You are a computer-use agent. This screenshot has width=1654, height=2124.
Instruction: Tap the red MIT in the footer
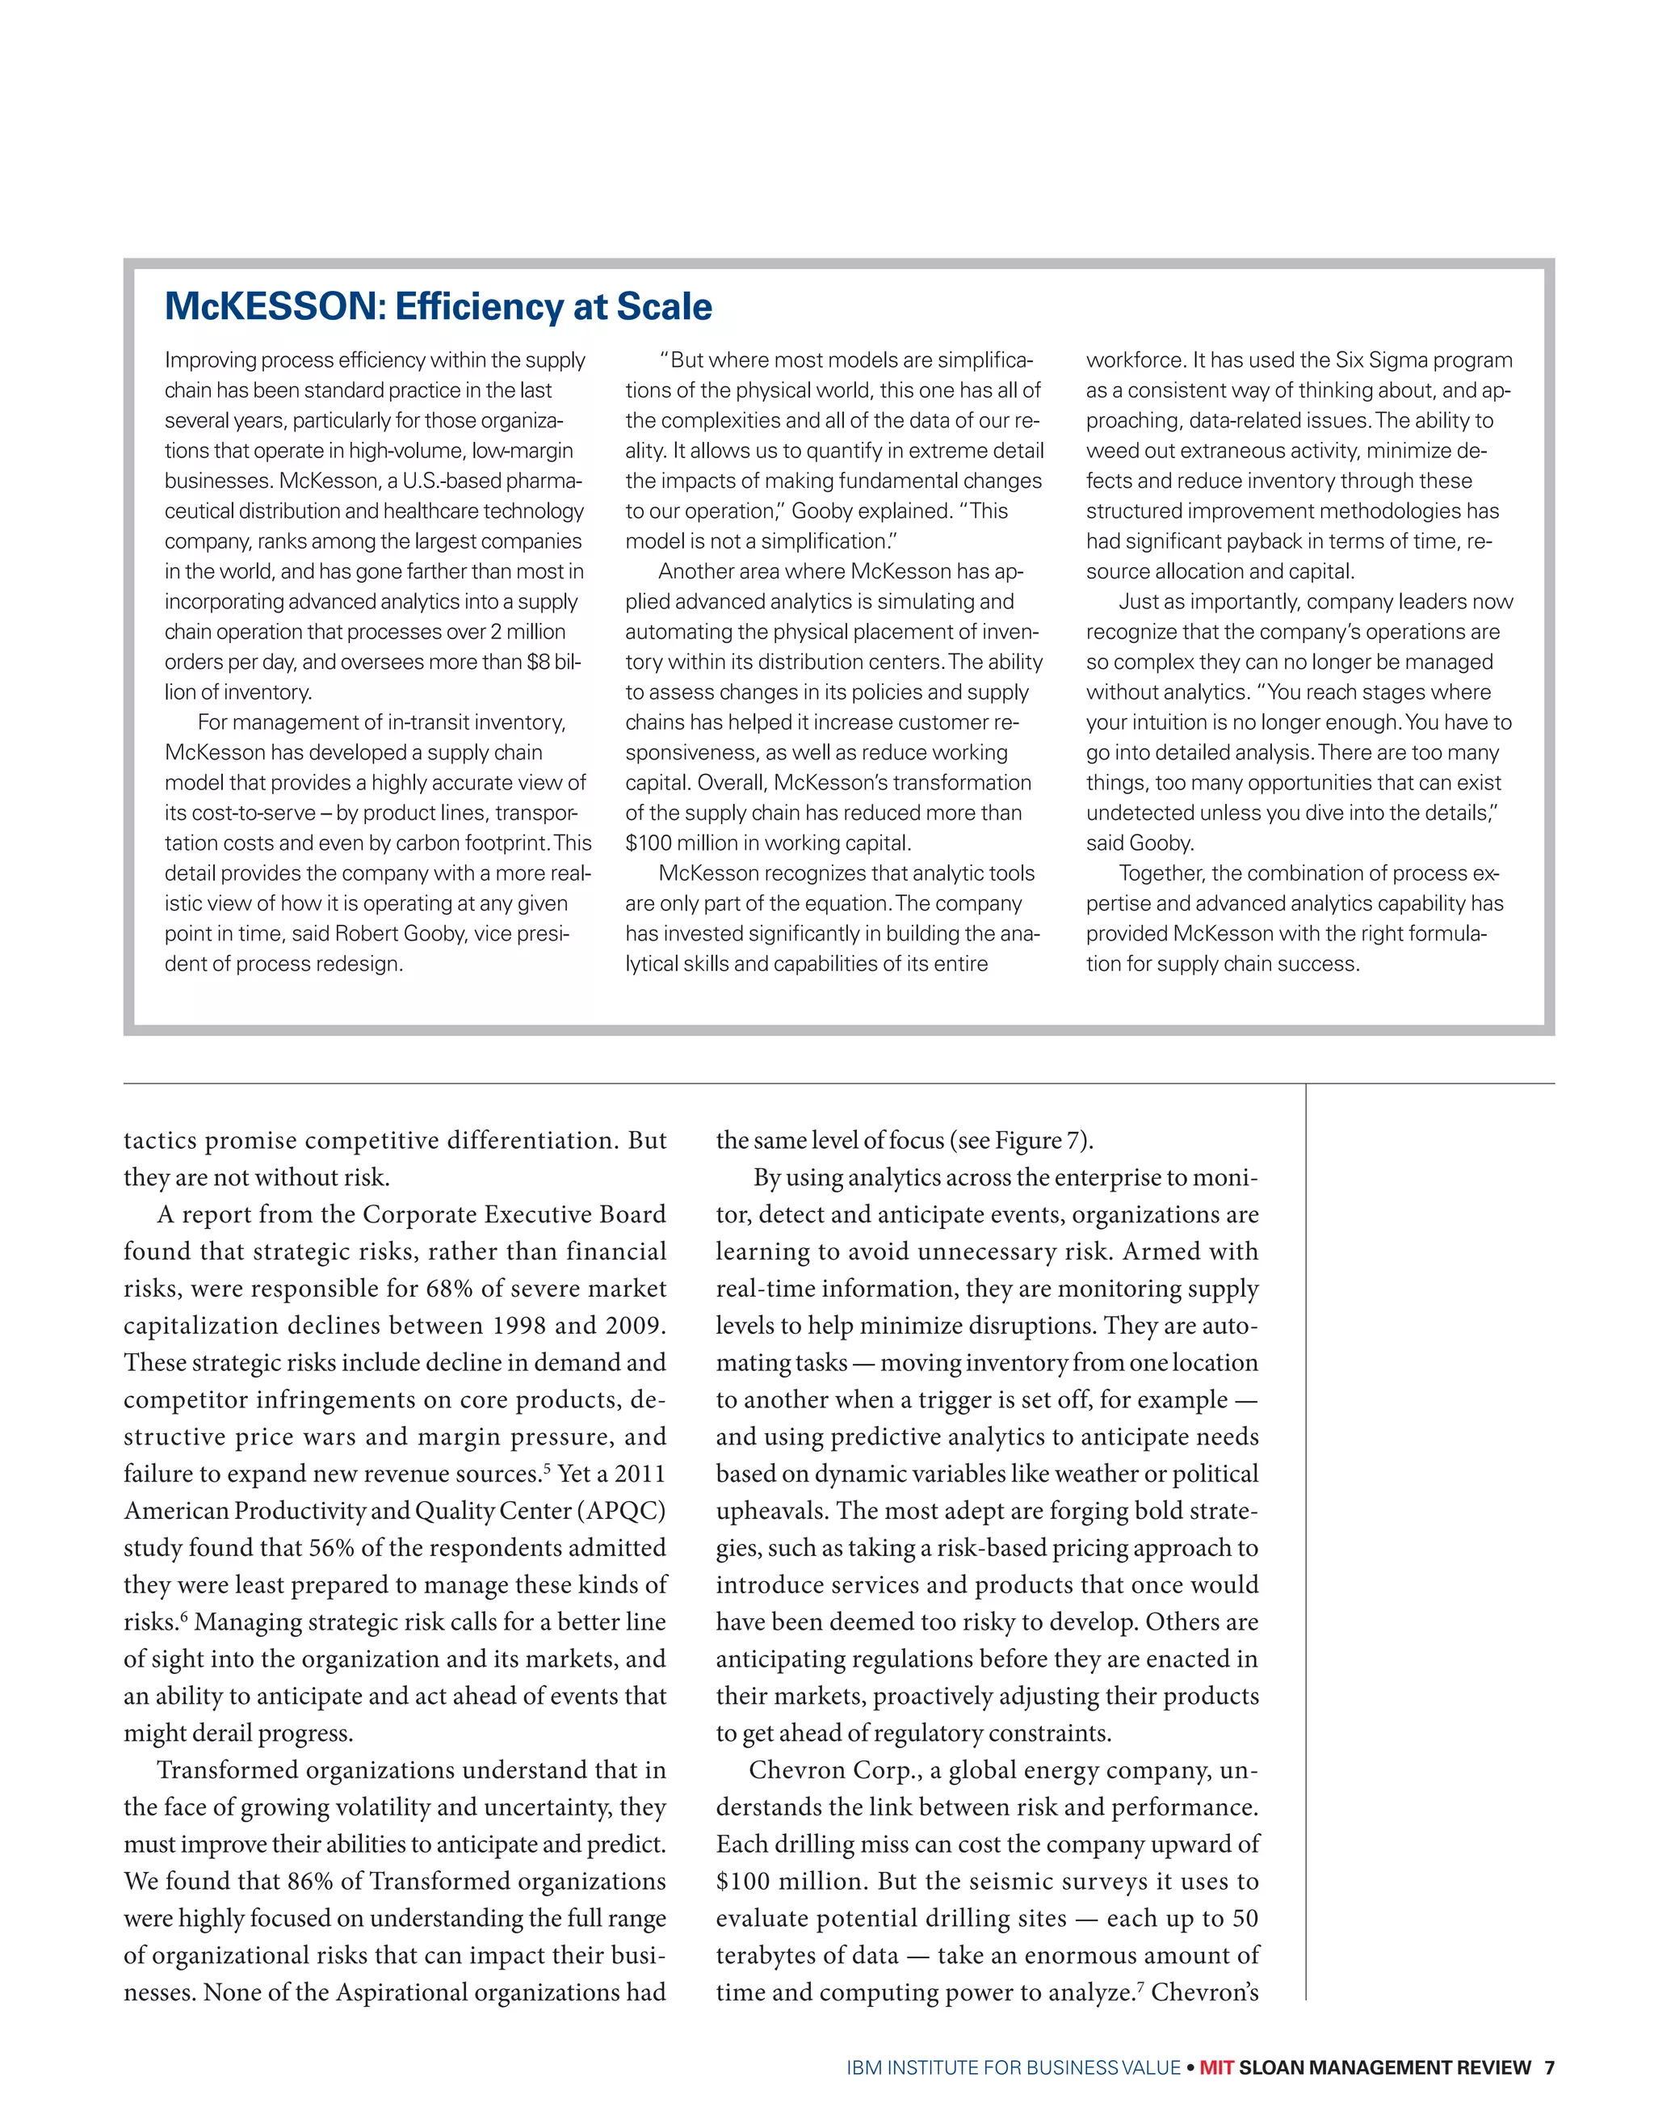pyautogui.click(x=1215, y=2067)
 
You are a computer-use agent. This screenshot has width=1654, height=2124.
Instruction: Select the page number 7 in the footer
pyautogui.click(x=1549, y=2067)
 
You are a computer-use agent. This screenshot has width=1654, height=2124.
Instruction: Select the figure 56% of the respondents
pyautogui.click(x=330, y=1547)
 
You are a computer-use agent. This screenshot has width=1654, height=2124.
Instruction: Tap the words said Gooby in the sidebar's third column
pyautogui.click(x=1140, y=843)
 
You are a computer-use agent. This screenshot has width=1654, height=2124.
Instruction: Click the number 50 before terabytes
pyautogui.click(x=1245, y=1918)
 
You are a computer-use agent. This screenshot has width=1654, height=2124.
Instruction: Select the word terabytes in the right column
pyautogui.click(x=770, y=1955)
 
